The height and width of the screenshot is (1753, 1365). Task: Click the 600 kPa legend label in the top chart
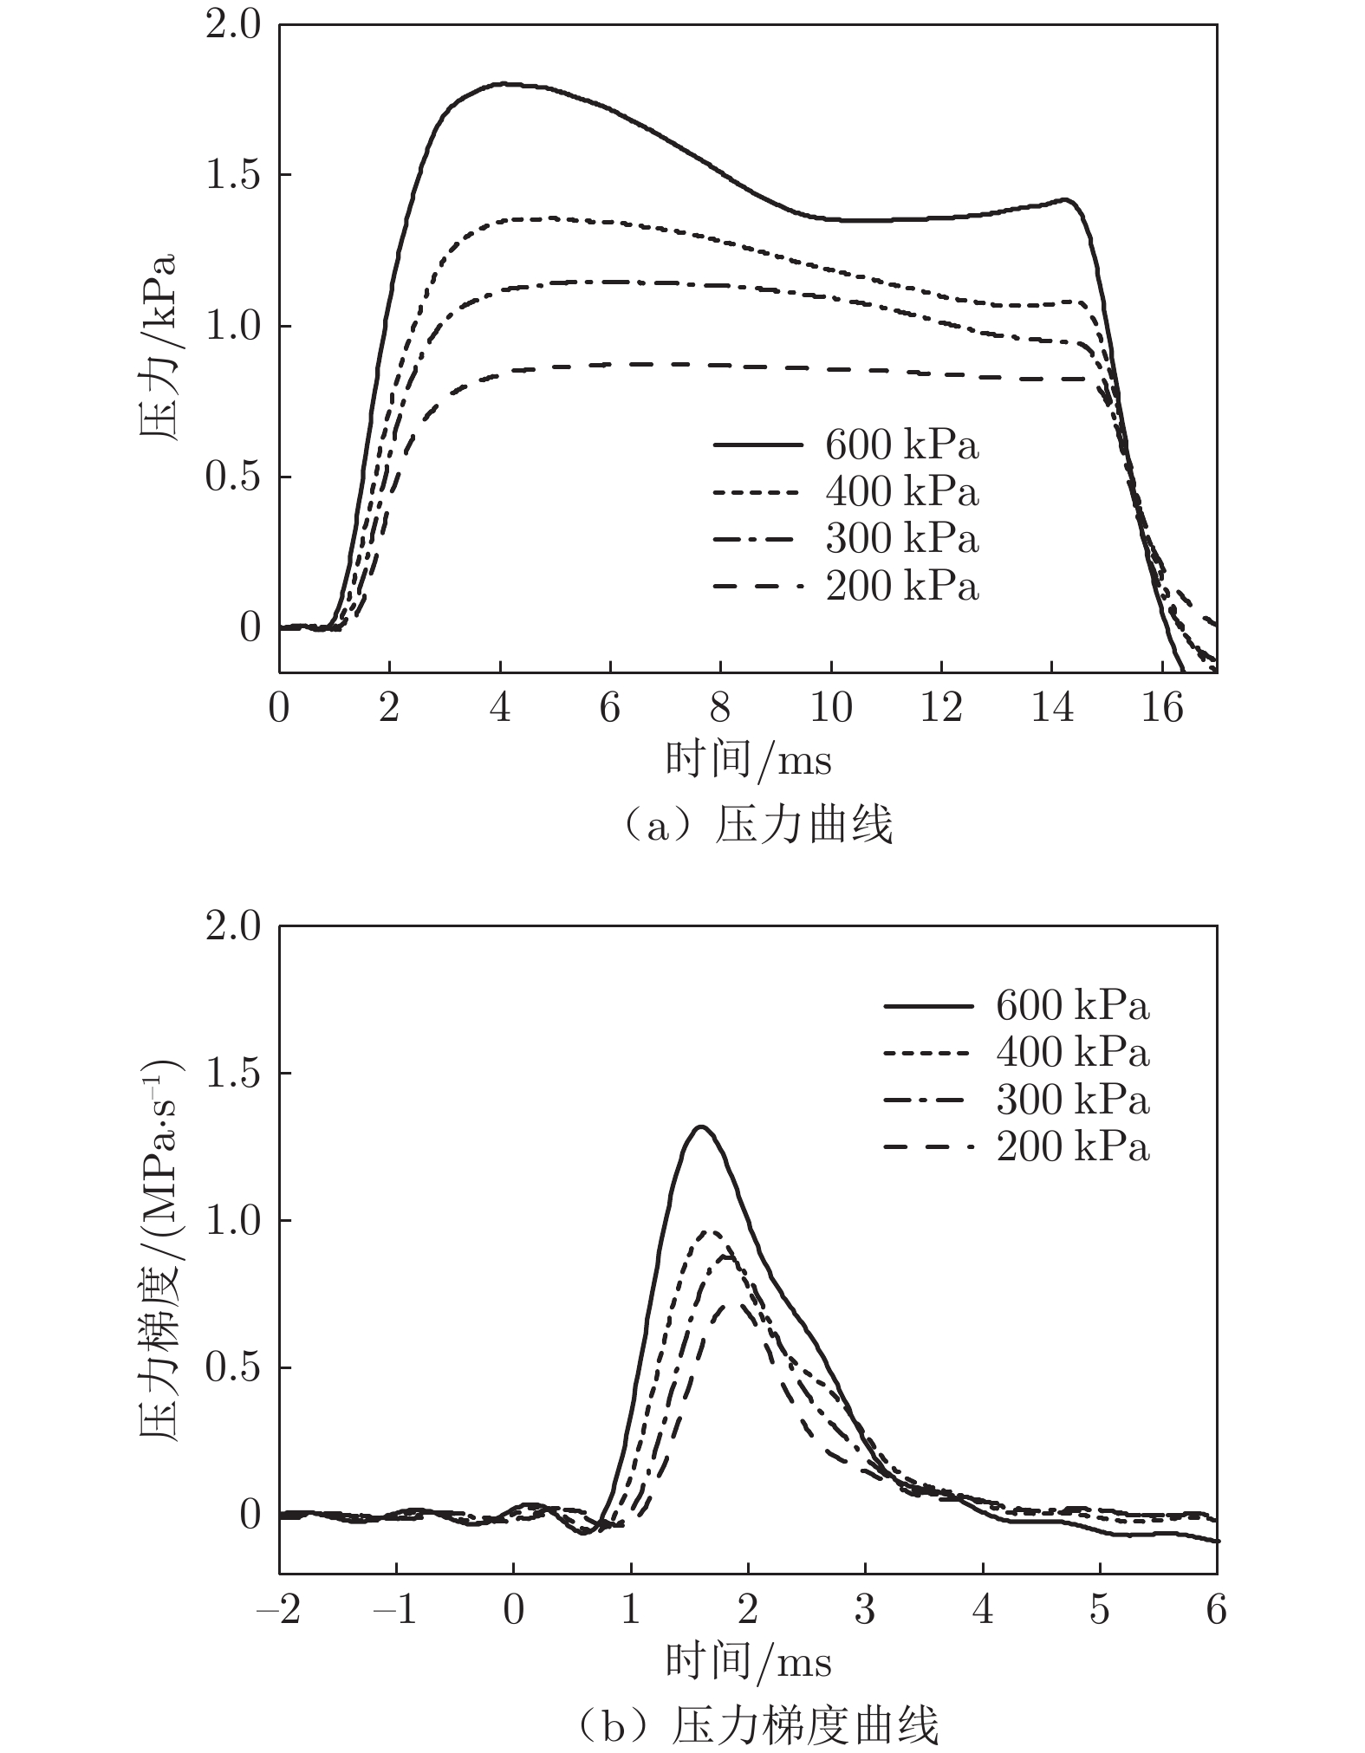[x=901, y=445]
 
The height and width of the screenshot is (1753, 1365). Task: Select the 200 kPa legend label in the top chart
[x=901, y=587]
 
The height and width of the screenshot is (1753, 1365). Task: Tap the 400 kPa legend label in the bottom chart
[x=1072, y=1053]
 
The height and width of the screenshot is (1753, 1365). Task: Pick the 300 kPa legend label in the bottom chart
[x=1072, y=1100]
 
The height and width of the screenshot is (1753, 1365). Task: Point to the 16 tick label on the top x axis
[x=1161, y=709]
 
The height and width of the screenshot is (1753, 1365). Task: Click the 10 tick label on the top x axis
[x=830, y=709]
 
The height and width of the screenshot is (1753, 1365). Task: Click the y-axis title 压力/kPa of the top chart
[x=158, y=347]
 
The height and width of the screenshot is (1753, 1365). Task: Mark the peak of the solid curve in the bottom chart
[x=701, y=1126]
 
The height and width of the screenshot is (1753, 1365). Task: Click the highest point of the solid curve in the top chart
[x=503, y=84]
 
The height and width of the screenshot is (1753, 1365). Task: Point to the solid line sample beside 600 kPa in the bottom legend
[x=928, y=1006]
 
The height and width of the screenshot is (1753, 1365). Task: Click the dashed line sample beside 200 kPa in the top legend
[x=757, y=588]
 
